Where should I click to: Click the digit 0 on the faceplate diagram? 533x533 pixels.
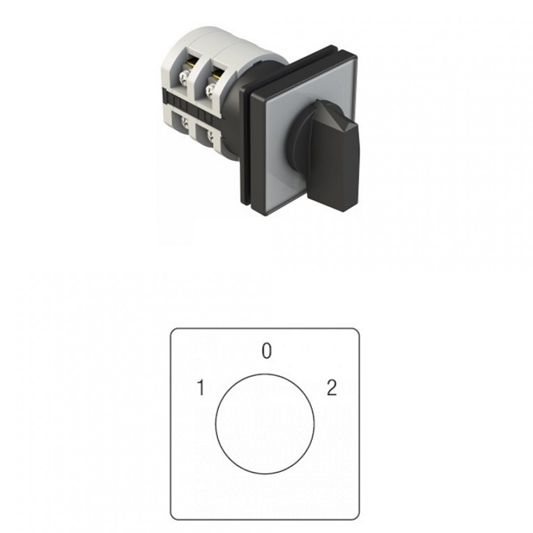[267, 351]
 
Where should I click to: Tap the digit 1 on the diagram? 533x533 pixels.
[201, 388]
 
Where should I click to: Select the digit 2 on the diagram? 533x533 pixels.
[332, 388]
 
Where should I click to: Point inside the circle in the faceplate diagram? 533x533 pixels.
[265, 424]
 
